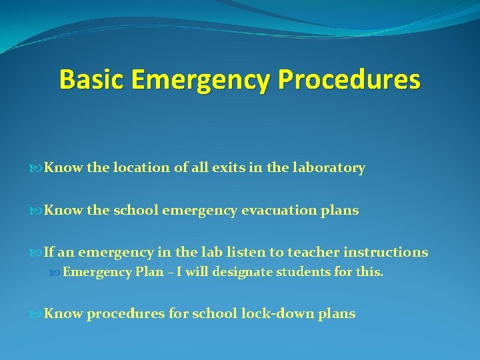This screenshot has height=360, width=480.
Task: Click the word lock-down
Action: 272,313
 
